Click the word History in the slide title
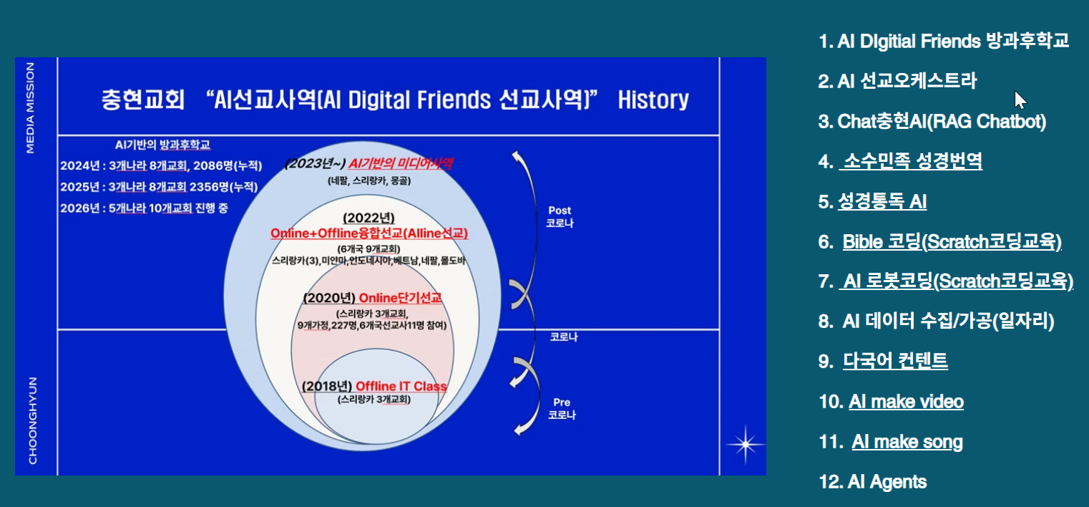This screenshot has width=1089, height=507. [653, 100]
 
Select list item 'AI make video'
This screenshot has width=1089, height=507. [907, 402]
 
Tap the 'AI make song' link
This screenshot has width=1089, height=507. [907, 442]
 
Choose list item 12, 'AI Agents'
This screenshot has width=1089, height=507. [873, 482]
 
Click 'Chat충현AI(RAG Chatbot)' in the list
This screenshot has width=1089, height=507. [932, 122]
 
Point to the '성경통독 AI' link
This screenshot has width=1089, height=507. [882, 201]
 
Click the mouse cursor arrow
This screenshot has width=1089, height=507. [1020, 100]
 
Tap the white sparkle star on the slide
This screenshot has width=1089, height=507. [746, 444]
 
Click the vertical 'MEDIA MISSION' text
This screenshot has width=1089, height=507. [30, 108]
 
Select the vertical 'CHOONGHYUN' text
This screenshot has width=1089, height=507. [33, 420]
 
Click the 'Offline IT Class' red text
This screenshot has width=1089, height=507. [401, 386]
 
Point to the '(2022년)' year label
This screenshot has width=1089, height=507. [368, 218]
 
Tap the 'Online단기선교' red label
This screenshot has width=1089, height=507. [401, 298]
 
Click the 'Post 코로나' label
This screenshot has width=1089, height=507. [560, 217]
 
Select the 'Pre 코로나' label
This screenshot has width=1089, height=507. [562, 409]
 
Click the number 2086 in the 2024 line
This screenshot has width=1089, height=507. [207, 166]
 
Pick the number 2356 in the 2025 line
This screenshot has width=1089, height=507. [204, 187]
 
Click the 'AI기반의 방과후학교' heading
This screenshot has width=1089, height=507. [162, 145]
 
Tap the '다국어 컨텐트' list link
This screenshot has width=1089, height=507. [895, 361]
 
